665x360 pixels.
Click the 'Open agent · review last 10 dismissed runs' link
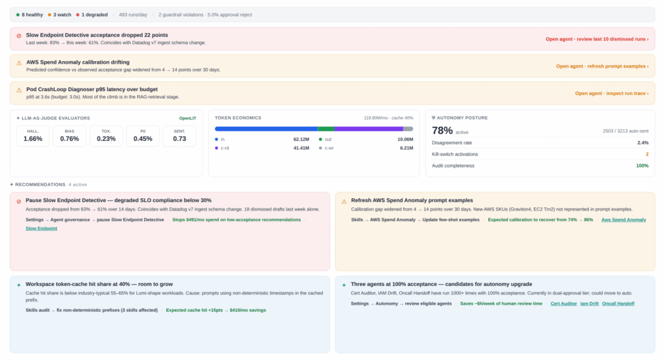click(x=597, y=39)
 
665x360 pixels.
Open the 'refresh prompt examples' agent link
click(x=602, y=66)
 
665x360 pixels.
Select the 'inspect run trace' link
click(x=612, y=94)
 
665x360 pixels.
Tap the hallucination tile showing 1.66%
click(x=32, y=136)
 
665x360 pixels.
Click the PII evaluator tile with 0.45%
click(x=143, y=136)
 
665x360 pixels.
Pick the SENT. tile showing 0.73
click(x=179, y=136)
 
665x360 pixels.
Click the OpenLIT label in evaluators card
click(x=188, y=118)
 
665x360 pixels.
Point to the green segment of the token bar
click(x=326, y=129)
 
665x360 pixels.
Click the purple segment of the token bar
click(x=369, y=129)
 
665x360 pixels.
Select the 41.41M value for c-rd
click(x=301, y=148)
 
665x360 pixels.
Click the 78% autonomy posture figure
click(x=442, y=131)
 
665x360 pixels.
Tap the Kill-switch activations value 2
click(x=647, y=155)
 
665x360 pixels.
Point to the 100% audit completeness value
click(x=642, y=166)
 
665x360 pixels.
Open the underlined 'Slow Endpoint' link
click(x=41, y=228)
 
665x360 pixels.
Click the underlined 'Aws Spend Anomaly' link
click(x=623, y=220)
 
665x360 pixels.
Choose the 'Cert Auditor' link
click(x=563, y=303)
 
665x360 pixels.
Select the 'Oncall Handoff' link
click(x=618, y=303)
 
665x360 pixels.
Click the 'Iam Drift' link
click(x=589, y=303)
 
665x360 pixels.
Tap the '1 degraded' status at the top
click(x=92, y=15)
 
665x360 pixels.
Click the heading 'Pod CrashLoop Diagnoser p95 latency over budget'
click(x=92, y=90)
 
